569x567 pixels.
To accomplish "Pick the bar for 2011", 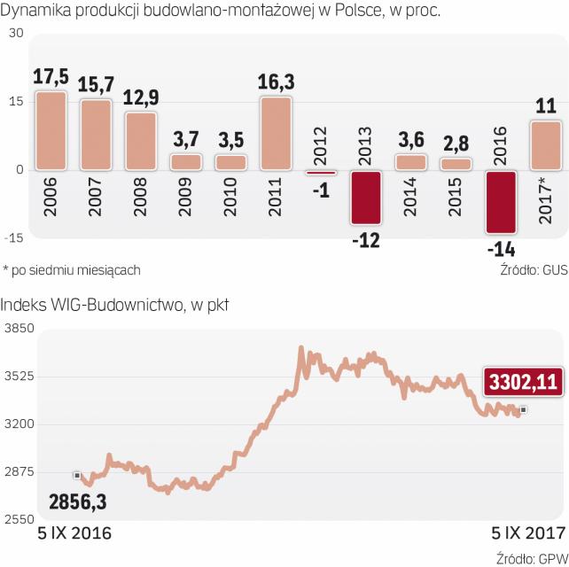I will [x=276, y=133].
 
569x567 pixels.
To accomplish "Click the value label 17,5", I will [x=51, y=78].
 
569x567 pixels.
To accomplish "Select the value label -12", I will [x=365, y=241].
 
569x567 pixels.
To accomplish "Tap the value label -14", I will [x=500, y=249].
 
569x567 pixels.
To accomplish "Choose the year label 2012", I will [x=321, y=144].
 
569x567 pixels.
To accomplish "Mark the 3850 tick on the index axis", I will [x=19, y=330].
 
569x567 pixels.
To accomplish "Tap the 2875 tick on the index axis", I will [x=19, y=471].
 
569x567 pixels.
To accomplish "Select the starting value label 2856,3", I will [x=77, y=502].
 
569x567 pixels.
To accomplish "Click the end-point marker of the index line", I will [x=524, y=409].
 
